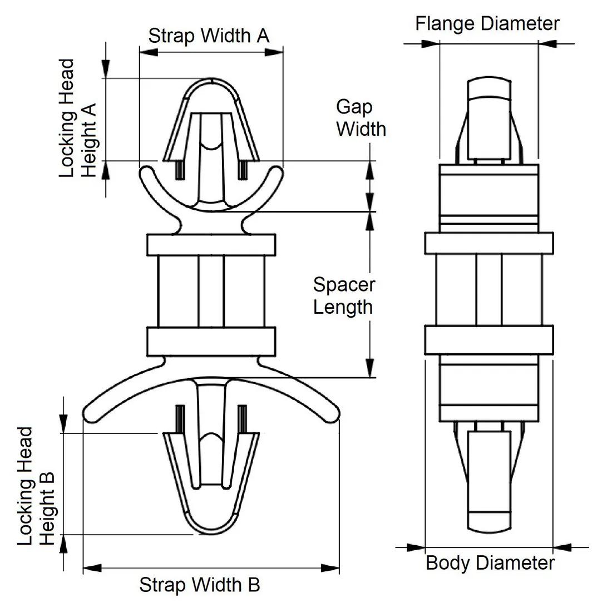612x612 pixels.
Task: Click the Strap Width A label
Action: [209, 36]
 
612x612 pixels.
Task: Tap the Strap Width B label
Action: [199, 585]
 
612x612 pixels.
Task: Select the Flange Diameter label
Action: [487, 24]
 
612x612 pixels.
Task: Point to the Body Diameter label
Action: [490, 563]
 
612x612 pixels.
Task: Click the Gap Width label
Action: [361, 118]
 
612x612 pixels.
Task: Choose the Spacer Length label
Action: [343, 296]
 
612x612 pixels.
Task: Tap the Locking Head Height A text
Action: [77, 119]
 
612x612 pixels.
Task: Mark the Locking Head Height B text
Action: [36, 486]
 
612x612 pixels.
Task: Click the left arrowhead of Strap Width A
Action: [149, 52]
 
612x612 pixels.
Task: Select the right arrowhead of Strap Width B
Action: [330, 568]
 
